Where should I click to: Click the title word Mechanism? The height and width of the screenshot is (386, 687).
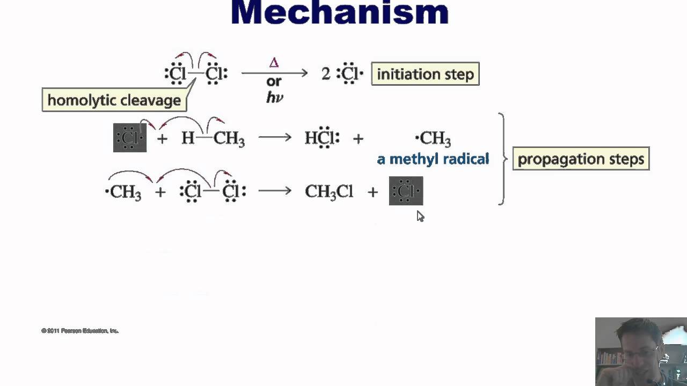tap(339, 13)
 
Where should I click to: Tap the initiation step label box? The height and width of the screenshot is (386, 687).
tap(425, 74)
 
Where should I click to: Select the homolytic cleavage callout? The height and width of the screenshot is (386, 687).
tap(114, 100)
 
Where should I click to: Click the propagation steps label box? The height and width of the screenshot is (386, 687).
tap(581, 159)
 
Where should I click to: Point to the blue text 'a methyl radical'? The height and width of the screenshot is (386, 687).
tap(433, 159)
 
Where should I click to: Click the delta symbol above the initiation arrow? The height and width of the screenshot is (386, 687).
tap(274, 63)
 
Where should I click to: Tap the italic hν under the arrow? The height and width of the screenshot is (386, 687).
tap(274, 98)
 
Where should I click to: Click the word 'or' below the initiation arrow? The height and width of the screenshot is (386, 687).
tap(274, 81)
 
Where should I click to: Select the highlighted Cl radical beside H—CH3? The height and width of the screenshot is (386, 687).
tap(130, 138)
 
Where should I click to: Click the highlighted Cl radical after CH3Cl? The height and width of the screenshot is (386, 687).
tap(406, 191)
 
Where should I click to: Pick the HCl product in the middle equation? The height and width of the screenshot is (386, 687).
tap(321, 138)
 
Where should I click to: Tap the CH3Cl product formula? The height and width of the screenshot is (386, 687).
tap(328, 191)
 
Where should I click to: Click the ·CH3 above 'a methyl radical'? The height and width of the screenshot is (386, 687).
tap(433, 139)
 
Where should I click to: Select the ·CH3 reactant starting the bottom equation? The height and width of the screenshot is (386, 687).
tap(123, 192)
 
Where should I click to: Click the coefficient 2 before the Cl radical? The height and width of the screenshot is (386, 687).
tap(326, 74)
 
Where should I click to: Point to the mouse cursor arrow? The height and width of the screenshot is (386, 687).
tap(419, 215)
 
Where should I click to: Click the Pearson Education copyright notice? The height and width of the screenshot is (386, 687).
tap(80, 331)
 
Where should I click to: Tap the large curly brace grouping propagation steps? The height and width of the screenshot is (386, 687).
tap(502, 159)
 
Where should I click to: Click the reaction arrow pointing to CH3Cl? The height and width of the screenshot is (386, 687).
tap(274, 191)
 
